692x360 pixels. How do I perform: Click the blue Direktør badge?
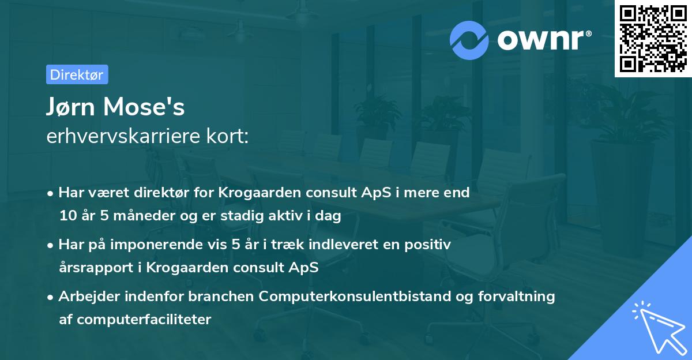click(x=77, y=74)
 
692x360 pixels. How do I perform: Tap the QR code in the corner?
click(x=653, y=39)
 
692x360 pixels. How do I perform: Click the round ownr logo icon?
click(x=469, y=40)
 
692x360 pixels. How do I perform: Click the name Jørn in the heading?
click(x=72, y=107)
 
